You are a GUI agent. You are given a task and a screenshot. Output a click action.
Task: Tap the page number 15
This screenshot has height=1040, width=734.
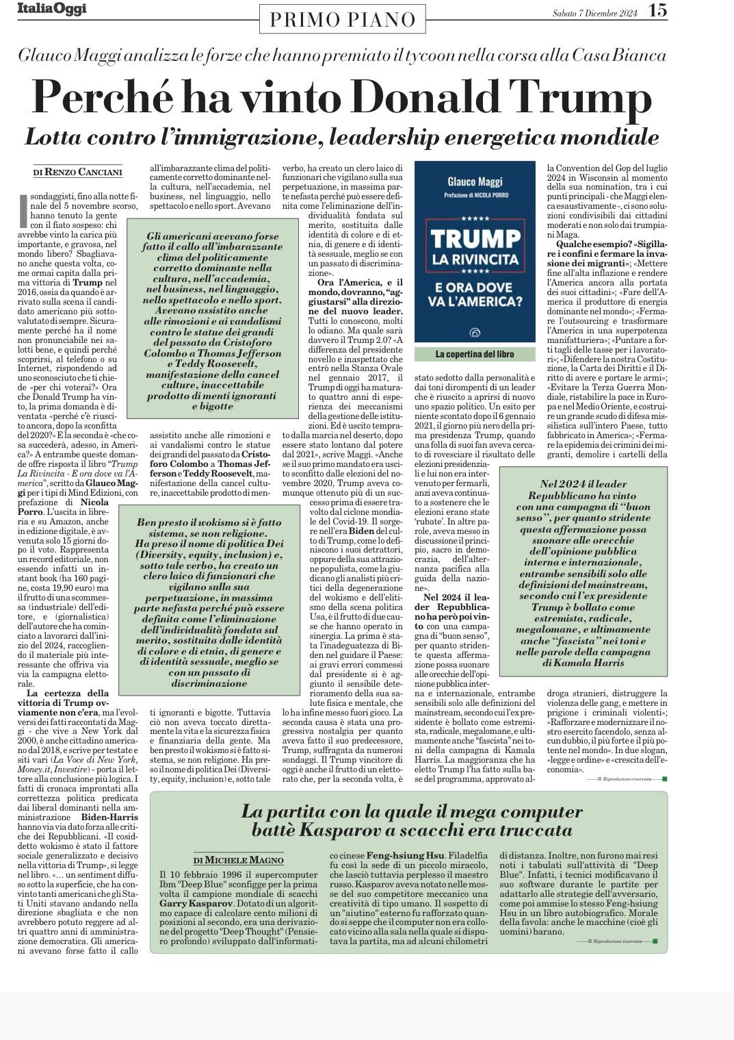coord(657,10)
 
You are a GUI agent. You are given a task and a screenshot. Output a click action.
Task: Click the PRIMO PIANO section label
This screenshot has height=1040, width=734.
coord(343,20)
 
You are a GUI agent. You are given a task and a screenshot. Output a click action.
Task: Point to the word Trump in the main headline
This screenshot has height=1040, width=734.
coord(581,98)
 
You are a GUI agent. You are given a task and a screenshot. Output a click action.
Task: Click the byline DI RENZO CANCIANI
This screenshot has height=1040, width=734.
coord(78,172)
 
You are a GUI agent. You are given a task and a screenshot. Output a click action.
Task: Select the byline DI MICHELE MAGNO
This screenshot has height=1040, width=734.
coord(238,860)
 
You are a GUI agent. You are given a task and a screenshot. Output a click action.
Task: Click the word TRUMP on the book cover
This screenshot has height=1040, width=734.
coord(475,239)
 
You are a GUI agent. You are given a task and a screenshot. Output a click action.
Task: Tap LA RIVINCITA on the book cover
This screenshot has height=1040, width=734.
coord(475,260)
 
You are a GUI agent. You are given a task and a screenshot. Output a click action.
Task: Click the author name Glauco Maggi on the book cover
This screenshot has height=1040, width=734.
coord(475,181)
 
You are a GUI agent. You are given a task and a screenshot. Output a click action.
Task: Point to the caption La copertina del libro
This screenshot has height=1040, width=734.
coord(475,354)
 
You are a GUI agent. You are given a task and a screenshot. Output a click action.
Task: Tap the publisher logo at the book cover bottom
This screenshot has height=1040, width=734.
coord(475,333)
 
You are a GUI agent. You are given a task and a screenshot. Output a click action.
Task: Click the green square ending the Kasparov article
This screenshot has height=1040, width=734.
coord(655,941)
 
